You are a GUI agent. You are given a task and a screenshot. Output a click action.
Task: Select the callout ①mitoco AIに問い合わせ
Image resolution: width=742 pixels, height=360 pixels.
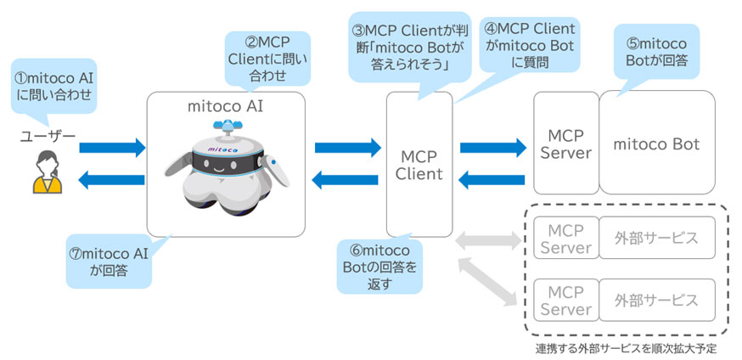click(52, 84)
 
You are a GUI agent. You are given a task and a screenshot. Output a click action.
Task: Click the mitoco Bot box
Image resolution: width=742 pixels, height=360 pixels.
click(656, 144)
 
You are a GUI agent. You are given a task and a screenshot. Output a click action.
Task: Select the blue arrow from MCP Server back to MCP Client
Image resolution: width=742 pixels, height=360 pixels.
click(492, 179)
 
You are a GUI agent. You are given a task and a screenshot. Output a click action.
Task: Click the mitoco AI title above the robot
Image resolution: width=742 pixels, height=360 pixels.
click(225, 108)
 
